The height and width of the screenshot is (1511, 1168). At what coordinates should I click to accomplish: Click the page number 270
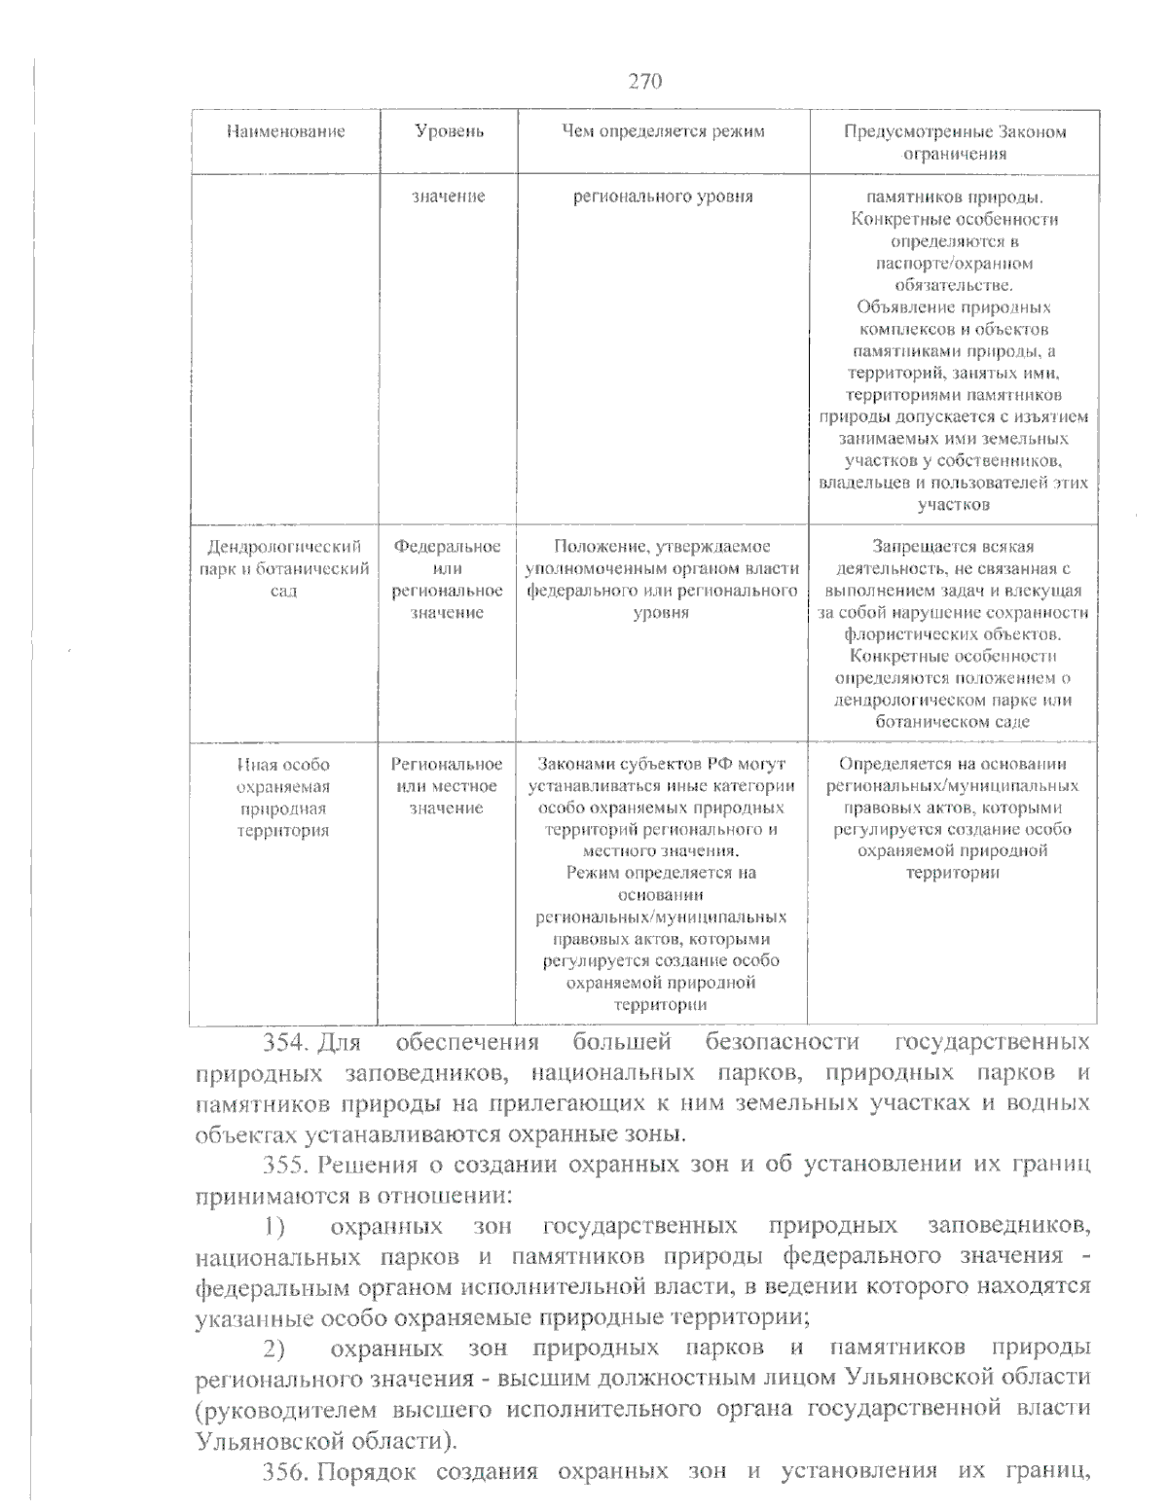(644, 81)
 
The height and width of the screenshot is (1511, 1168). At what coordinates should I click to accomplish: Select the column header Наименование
(285, 131)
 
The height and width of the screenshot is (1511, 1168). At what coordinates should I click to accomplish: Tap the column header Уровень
(449, 131)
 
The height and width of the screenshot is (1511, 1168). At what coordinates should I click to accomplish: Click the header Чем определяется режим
(663, 131)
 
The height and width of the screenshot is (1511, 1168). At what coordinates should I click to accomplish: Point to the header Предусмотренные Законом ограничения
(954, 142)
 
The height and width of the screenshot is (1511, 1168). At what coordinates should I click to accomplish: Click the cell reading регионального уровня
(663, 197)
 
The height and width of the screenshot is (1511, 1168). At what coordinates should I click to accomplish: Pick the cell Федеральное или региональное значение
(448, 579)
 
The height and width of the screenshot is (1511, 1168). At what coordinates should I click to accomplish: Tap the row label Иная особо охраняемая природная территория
(283, 797)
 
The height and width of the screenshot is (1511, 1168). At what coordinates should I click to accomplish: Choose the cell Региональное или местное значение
(447, 786)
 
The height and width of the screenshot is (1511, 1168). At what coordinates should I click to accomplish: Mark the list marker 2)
(274, 1349)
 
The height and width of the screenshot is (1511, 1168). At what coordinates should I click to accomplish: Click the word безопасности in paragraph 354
(782, 1043)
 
